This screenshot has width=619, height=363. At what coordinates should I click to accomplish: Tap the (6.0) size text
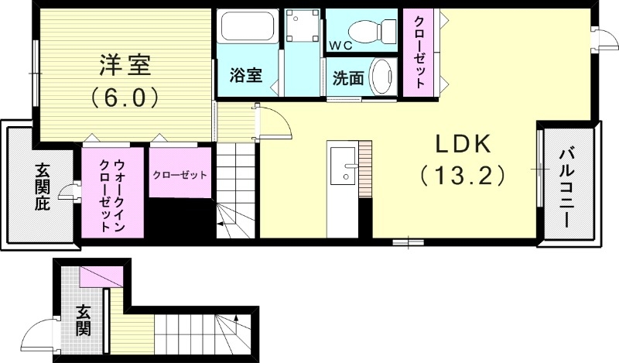click(125, 97)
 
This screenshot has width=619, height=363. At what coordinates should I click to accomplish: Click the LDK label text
click(463, 144)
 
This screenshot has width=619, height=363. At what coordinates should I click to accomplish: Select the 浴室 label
click(246, 76)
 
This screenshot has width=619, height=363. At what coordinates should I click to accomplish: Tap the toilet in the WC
click(372, 29)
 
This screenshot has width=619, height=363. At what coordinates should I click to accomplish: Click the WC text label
click(340, 46)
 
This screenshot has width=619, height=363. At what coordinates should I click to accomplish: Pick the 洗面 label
click(348, 78)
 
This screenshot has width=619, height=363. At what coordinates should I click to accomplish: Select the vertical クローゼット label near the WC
click(420, 53)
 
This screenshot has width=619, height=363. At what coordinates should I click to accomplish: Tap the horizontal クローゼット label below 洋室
click(180, 175)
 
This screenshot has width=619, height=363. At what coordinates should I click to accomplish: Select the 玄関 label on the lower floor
click(83, 320)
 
